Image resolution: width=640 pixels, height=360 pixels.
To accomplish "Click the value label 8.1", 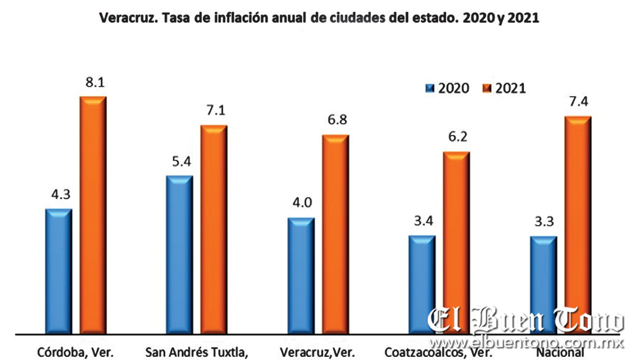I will pos(93,84).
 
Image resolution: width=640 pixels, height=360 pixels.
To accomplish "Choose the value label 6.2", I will pos(457,138).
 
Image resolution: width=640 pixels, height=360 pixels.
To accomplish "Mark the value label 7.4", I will pos(578,103).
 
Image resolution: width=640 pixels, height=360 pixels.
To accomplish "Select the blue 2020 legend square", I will pos(430,88).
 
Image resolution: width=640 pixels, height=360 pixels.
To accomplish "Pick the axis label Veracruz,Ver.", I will pos(317,352).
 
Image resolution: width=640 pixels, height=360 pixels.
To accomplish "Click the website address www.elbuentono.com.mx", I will pos(526,341).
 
